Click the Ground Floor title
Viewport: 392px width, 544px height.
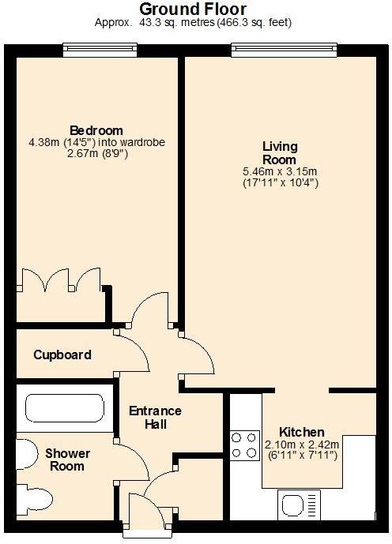pyautogui.click(x=193, y=9)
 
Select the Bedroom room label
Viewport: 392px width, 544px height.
pyautogui.click(x=96, y=130)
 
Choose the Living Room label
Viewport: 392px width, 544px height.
pyautogui.click(x=280, y=152)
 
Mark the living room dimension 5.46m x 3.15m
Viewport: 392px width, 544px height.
pyautogui.click(x=280, y=171)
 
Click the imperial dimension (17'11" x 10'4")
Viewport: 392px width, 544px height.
pyautogui.click(x=280, y=182)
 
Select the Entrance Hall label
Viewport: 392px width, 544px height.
pyautogui.click(x=155, y=418)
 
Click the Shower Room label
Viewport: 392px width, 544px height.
pyautogui.click(x=67, y=460)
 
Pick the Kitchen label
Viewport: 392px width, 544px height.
pyautogui.click(x=302, y=432)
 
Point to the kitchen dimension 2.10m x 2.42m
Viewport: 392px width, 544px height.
pyautogui.click(x=302, y=444)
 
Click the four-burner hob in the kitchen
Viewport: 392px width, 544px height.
pyautogui.click(x=245, y=445)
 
